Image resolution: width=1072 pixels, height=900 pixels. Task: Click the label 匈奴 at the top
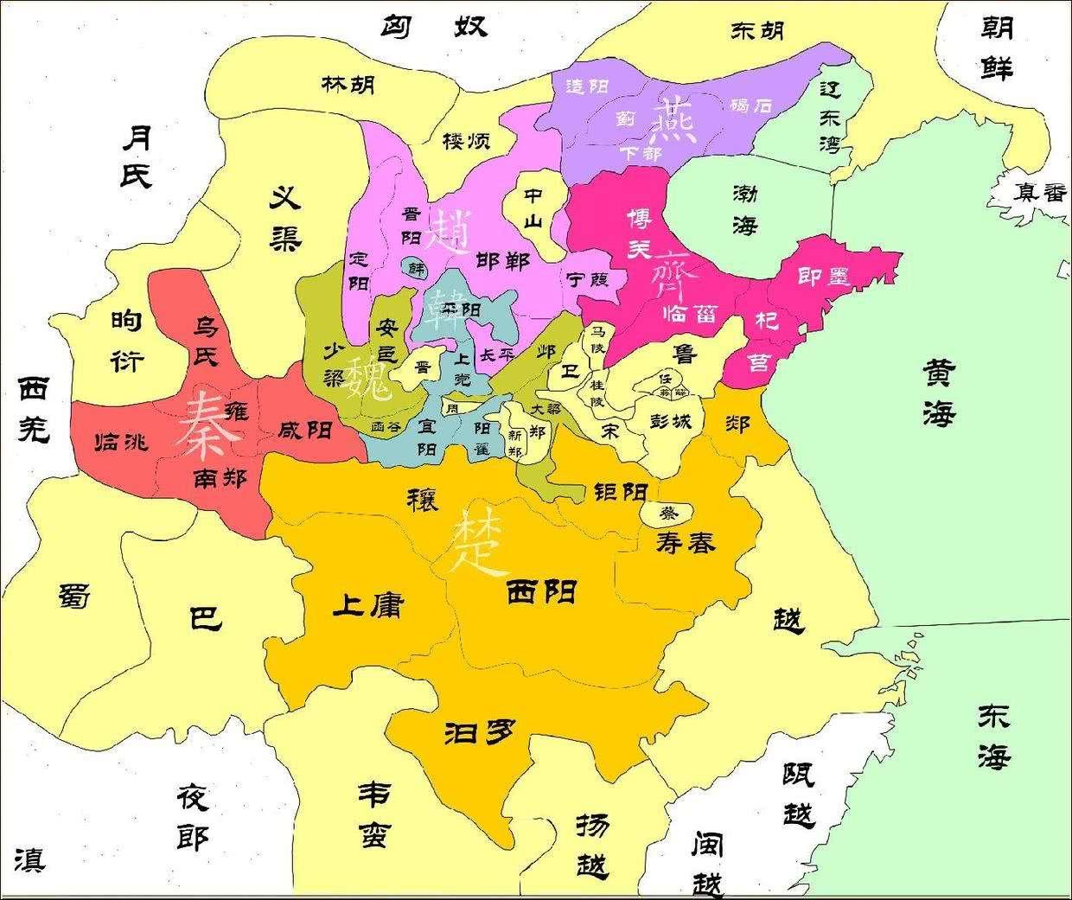click(x=434, y=25)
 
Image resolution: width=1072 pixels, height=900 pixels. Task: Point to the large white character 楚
click(x=478, y=545)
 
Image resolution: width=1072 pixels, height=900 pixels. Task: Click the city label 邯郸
click(x=503, y=260)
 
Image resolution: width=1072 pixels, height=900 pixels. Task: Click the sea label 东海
click(x=993, y=736)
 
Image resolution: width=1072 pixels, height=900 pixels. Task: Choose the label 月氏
click(x=136, y=156)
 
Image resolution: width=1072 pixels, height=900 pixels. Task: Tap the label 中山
click(x=533, y=207)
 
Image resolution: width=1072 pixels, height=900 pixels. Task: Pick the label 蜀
click(x=75, y=596)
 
